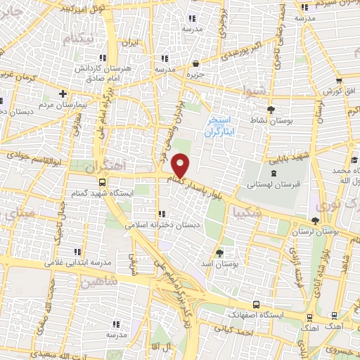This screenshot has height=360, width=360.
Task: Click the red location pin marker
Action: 181,166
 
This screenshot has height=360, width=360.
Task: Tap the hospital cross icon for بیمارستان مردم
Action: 63,94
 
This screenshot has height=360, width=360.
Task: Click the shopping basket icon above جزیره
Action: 195,64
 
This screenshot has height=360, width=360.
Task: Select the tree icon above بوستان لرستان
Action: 314,221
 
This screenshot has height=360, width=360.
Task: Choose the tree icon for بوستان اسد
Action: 220,252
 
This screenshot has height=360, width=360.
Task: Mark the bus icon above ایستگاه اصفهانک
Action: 255,304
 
